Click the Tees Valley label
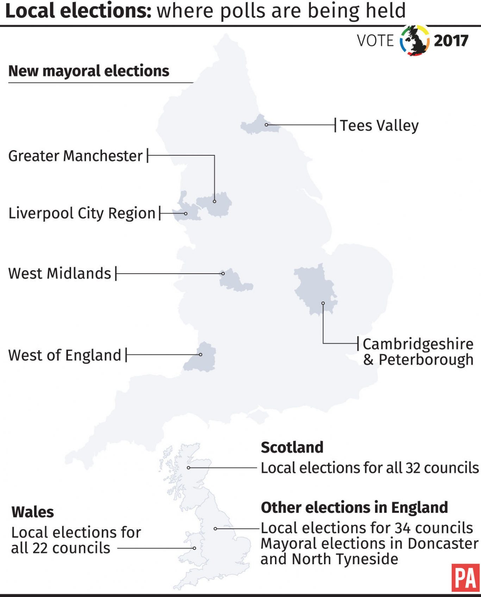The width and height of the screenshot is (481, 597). click(379, 125)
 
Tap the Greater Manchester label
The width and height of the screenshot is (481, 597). click(75, 156)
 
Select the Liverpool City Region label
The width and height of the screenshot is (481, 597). click(82, 213)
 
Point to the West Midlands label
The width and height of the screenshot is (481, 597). click(60, 273)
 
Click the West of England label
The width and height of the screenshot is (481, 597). click(65, 355)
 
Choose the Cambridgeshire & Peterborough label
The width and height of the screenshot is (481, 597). click(418, 352)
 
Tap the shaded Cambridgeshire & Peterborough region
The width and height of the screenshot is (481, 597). click(314, 287)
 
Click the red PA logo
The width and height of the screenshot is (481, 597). click(466, 578)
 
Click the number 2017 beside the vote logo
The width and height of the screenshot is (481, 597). click(451, 41)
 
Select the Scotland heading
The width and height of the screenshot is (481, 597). click(292, 447)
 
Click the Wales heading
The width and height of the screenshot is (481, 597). click(33, 512)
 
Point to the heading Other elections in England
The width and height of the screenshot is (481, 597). click(354, 508)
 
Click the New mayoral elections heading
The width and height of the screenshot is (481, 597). click(89, 71)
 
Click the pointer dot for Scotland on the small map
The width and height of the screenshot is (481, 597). click(189, 468)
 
